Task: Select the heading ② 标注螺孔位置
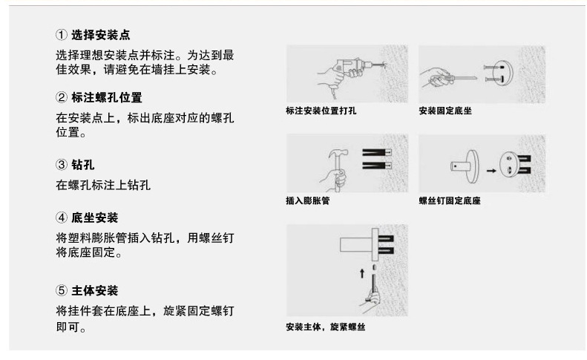[x=100, y=98]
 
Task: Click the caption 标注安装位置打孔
[x=321, y=111]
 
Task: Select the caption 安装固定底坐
[x=445, y=111]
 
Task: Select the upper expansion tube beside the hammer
[x=378, y=151]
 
